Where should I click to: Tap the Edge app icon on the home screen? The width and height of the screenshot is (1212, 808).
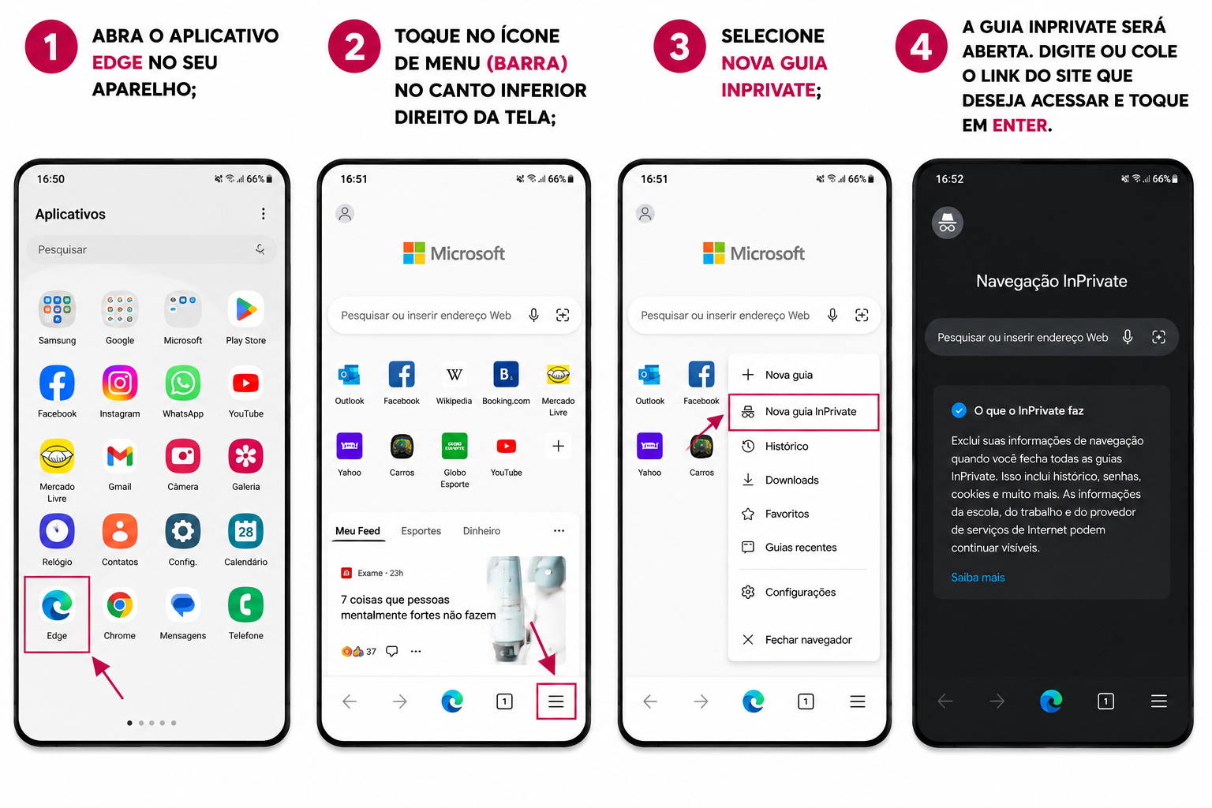57,605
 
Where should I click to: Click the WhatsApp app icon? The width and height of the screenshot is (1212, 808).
183,383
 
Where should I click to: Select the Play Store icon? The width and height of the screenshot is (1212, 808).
245,309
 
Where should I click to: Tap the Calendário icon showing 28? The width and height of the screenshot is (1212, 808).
245,531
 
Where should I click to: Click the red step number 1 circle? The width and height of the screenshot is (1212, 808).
51,47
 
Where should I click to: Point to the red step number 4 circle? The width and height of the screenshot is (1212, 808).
922,47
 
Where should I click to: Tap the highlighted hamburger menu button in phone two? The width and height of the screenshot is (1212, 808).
556,701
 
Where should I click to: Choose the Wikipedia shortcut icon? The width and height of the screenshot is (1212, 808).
454,375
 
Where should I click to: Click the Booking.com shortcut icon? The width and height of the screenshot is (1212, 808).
506,375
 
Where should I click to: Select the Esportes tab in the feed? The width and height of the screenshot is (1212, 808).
421,531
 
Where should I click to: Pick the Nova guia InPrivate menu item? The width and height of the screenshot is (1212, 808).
803,412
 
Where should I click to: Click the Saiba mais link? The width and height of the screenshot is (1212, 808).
978,578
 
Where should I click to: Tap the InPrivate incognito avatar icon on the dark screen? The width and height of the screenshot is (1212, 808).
948,223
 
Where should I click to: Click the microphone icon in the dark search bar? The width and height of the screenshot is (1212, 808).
1128,337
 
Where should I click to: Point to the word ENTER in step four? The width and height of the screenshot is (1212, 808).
1020,125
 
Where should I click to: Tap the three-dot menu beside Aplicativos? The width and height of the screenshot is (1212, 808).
264,214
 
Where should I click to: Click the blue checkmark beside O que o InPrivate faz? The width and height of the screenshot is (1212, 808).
959,411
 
